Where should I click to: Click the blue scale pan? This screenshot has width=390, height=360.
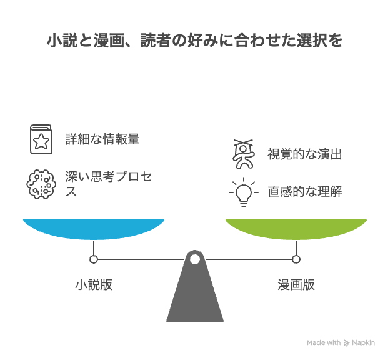(x=94, y=227)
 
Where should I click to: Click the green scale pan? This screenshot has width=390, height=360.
(x=296, y=227)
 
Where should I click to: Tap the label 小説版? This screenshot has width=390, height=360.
(x=94, y=285)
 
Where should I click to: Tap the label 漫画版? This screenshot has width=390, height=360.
(x=296, y=285)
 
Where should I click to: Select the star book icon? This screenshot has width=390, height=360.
(x=41, y=139)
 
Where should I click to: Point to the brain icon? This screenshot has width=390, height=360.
(x=41, y=183)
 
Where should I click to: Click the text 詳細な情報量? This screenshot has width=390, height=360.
(x=102, y=139)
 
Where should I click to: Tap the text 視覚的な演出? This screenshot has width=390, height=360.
(x=305, y=154)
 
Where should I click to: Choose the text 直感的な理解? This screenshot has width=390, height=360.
(x=305, y=191)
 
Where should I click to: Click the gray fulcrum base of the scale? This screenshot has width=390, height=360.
(x=195, y=294)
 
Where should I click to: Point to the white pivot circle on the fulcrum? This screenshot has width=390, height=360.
(x=195, y=259)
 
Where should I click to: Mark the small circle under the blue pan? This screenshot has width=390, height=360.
(x=94, y=259)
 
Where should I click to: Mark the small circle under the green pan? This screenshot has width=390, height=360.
(x=296, y=259)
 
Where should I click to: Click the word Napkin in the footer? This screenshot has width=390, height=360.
(x=364, y=342)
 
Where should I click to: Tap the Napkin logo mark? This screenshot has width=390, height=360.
(x=346, y=342)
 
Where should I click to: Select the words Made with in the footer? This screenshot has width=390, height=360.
(x=324, y=342)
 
